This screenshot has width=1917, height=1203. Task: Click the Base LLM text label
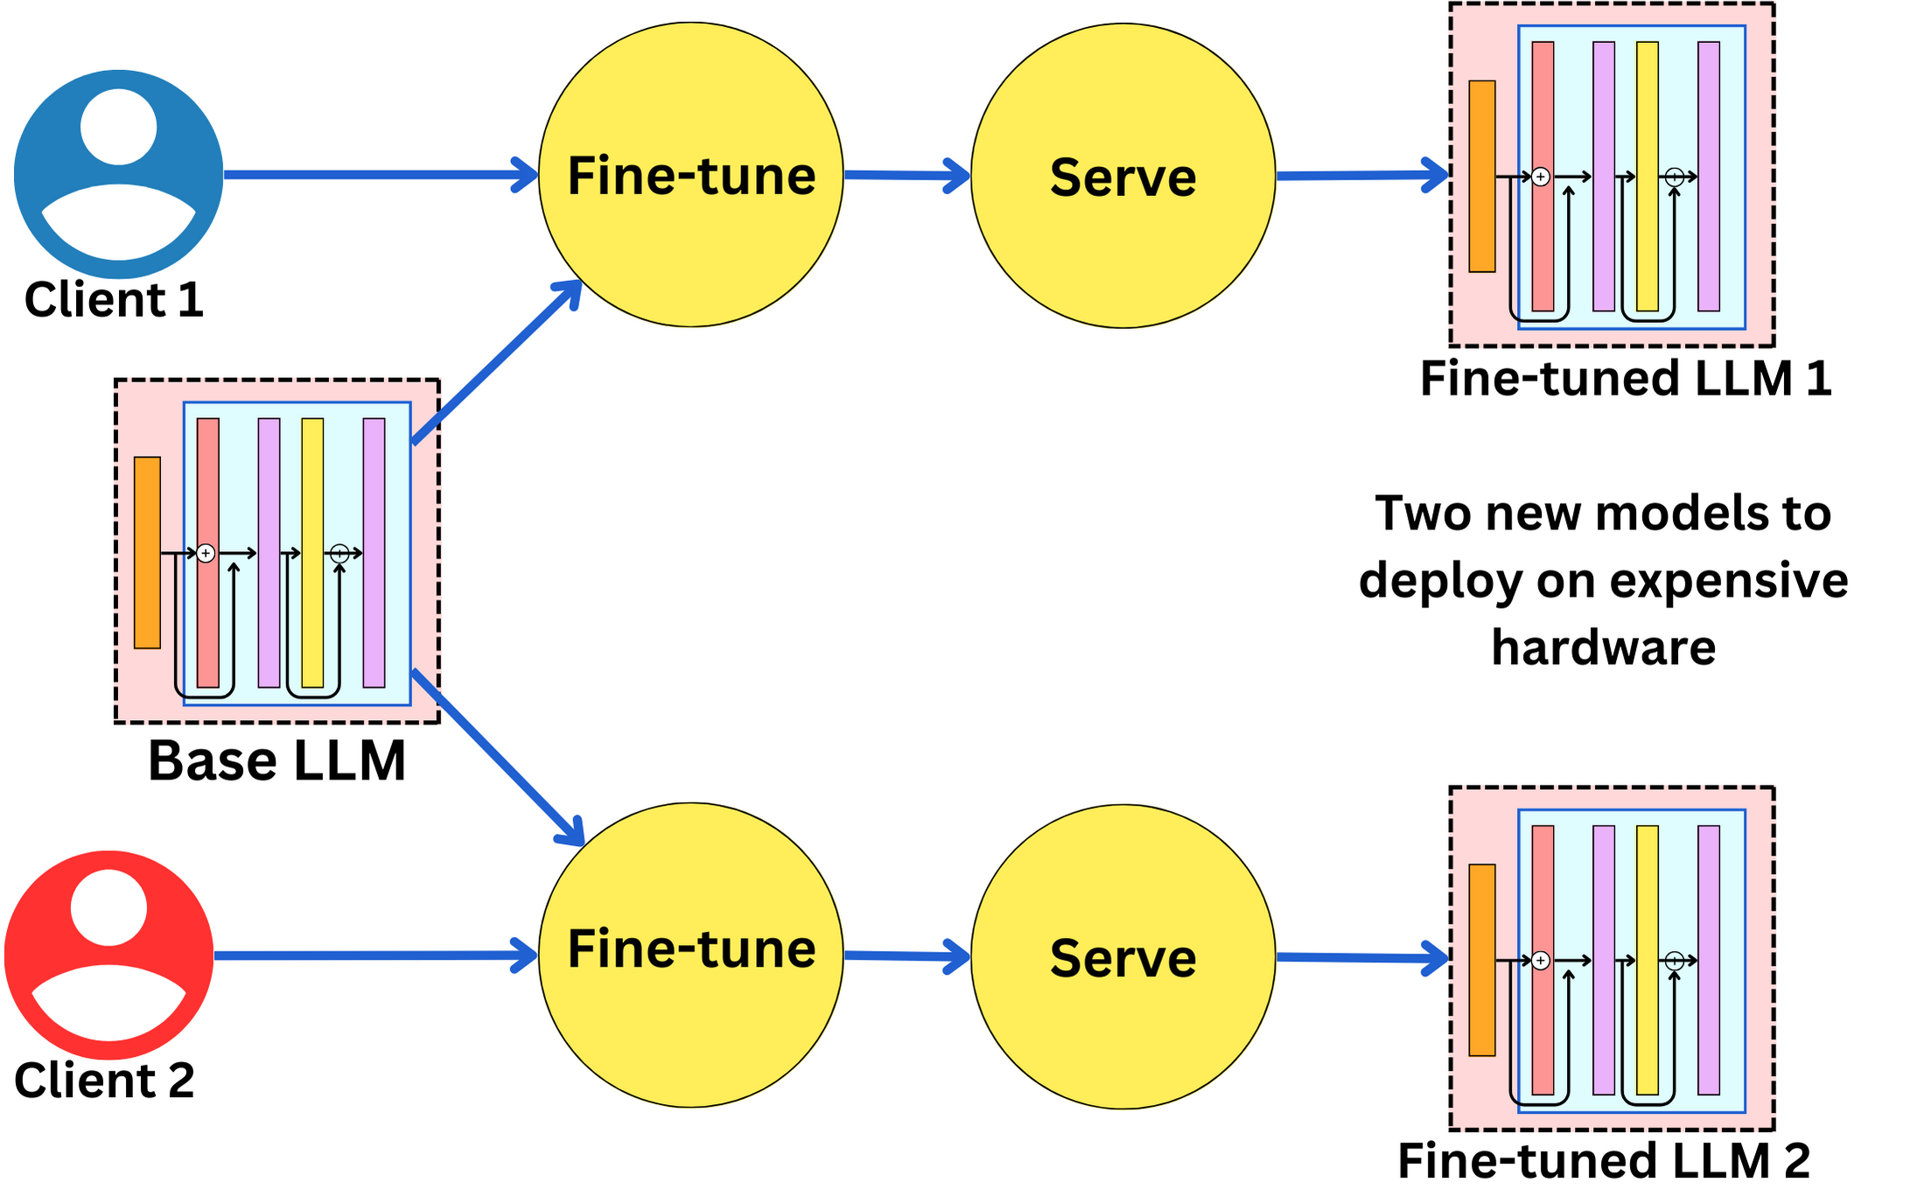pos(276,761)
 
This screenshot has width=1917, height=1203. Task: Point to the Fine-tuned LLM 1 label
pos(1625,379)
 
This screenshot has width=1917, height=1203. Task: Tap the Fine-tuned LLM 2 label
pos(1603,1161)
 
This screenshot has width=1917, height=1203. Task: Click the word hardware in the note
pos(1603,647)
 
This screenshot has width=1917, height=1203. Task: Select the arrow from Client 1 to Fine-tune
pos(376,175)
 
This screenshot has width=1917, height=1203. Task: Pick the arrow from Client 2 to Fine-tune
pos(372,955)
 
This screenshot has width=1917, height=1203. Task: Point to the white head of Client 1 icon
pos(118,127)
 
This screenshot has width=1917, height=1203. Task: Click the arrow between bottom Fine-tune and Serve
pos(906,955)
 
